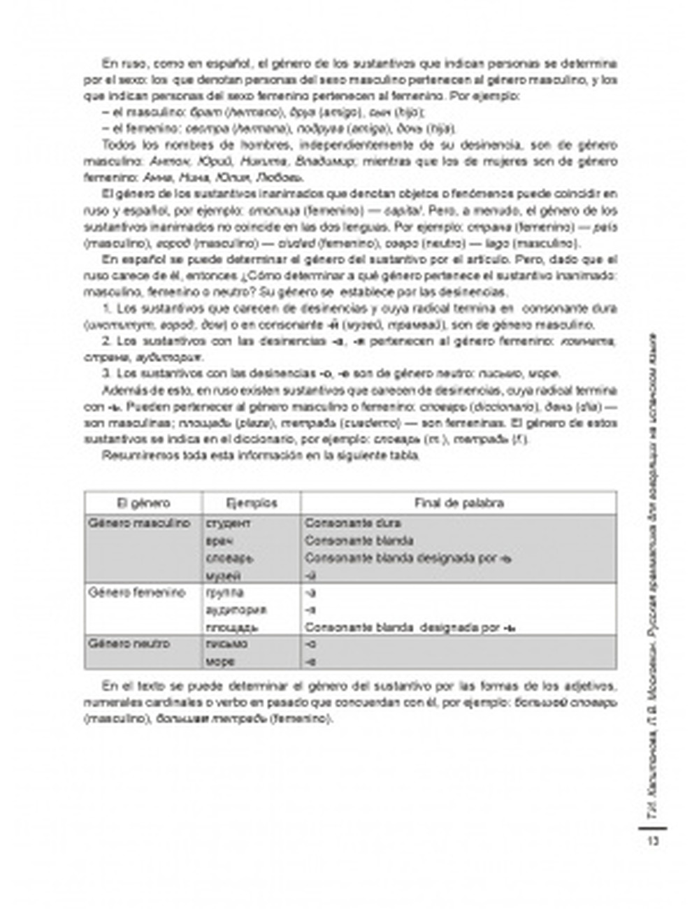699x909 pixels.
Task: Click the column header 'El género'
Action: click(143, 503)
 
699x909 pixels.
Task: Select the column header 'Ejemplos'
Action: click(252, 503)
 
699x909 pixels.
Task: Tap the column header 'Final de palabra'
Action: click(459, 503)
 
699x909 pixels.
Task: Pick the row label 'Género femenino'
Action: click(137, 592)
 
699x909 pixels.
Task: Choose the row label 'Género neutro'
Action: click(129, 643)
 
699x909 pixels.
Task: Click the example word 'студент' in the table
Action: click(229, 524)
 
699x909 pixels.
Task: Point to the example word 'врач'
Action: click(219, 541)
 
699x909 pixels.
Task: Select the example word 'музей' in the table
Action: click(224, 576)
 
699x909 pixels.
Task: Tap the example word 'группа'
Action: click(225, 593)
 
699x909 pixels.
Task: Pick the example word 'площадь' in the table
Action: click(232, 627)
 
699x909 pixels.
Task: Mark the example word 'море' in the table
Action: click(220, 661)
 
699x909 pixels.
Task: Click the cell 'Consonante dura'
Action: click(352, 523)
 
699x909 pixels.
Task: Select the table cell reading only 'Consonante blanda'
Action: click(359, 541)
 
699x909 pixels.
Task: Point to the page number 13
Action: click(653, 840)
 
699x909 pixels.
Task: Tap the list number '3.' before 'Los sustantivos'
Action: click(107, 373)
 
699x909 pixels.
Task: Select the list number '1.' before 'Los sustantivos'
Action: click(107, 308)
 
